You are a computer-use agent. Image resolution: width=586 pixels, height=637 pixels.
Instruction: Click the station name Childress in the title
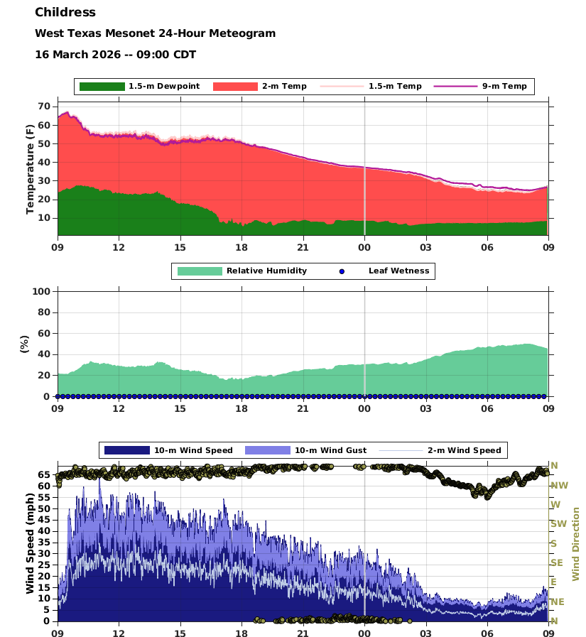65,13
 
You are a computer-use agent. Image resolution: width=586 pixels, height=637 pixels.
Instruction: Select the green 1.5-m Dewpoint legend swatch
102,87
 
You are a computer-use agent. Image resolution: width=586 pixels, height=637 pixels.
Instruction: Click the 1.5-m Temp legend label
395,87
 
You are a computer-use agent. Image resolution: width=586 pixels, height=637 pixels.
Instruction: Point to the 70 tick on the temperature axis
43,107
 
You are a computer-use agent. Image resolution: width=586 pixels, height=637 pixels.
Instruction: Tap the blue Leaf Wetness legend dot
342,271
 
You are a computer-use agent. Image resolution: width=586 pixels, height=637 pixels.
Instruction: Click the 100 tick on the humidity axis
40,291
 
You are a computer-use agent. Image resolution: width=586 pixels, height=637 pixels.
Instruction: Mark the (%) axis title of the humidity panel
25,344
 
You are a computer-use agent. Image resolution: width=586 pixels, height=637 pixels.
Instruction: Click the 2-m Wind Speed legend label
464,450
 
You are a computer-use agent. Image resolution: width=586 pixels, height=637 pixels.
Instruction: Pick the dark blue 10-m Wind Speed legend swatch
126,450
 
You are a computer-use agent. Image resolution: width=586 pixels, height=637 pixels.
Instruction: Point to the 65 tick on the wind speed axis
43,474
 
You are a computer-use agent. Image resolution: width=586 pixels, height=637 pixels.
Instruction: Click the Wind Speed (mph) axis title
30,544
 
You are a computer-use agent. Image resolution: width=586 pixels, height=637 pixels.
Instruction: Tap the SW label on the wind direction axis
558,524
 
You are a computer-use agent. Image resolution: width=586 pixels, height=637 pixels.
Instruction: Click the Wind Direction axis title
576,544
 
